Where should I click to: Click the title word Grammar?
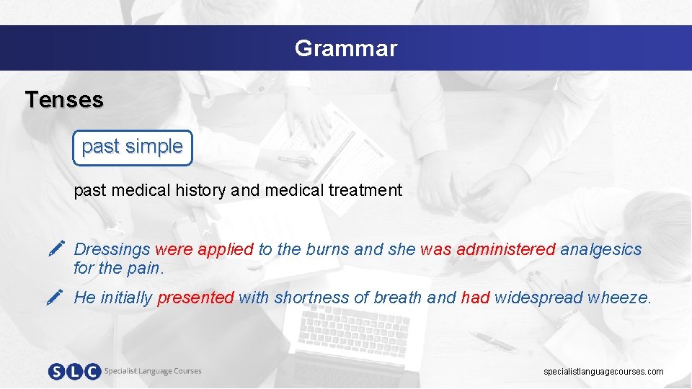(345, 48)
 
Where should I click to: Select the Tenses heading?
(64, 99)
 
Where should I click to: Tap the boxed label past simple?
(132, 146)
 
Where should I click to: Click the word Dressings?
(112, 250)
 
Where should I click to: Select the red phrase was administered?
(487, 250)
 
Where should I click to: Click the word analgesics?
(600, 250)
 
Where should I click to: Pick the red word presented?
(195, 298)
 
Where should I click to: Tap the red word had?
(475, 298)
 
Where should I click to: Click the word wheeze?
(619, 298)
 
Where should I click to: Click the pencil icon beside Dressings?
(58, 250)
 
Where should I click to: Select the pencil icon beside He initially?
(58, 297)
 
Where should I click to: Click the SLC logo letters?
(74, 372)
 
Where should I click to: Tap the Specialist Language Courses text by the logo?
(153, 371)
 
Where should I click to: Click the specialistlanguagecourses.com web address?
(603, 372)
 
